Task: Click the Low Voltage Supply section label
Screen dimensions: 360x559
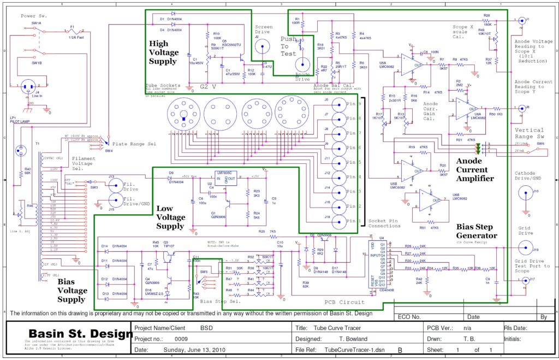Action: pos(170,217)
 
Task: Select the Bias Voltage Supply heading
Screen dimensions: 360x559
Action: pos(72,290)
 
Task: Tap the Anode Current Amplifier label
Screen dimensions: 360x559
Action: pos(475,169)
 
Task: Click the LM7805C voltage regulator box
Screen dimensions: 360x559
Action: pos(229,177)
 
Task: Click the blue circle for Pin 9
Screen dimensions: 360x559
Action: pos(339,103)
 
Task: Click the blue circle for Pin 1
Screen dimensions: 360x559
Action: pos(339,221)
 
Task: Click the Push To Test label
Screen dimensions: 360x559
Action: pos(289,46)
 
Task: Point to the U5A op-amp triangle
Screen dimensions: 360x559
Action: pos(407,63)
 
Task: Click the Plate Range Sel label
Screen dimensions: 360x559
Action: pos(134,143)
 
